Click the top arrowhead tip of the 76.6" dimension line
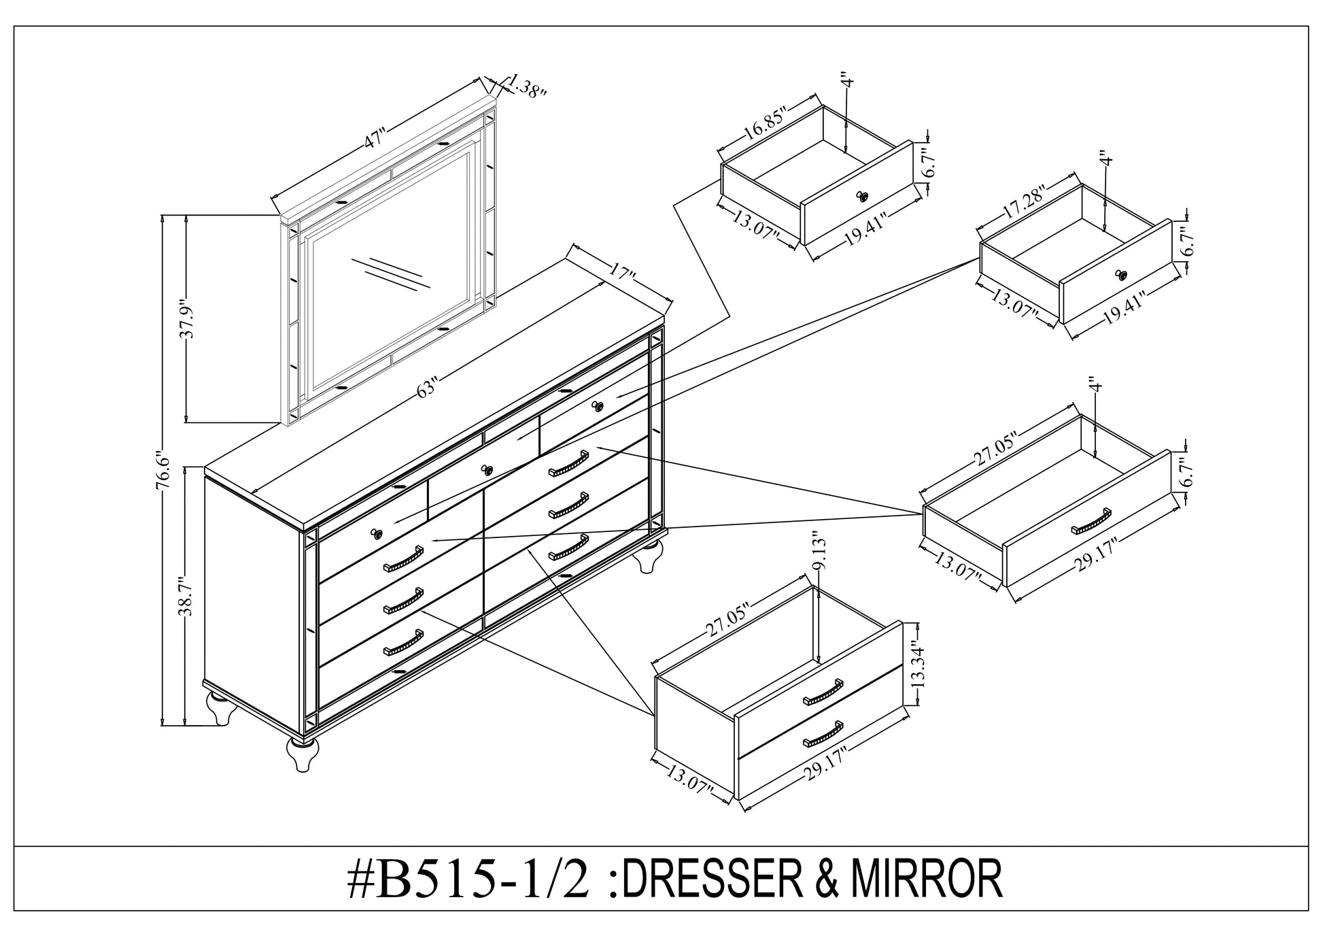click(x=162, y=216)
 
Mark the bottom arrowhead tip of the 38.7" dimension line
click(x=186, y=725)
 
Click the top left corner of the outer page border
click(x=14, y=26)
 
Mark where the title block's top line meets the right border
click(x=1308, y=846)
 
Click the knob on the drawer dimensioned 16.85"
click(x=863, y=197)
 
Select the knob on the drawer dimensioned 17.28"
click(x=1120, y=274)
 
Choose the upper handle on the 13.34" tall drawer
click(x=823, y=692)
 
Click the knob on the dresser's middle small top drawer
click(x=485, y=469)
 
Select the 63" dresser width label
click(x=426, y=388)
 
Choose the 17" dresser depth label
click(x=621, y=275)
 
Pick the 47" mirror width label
click(x=375, y=138)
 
